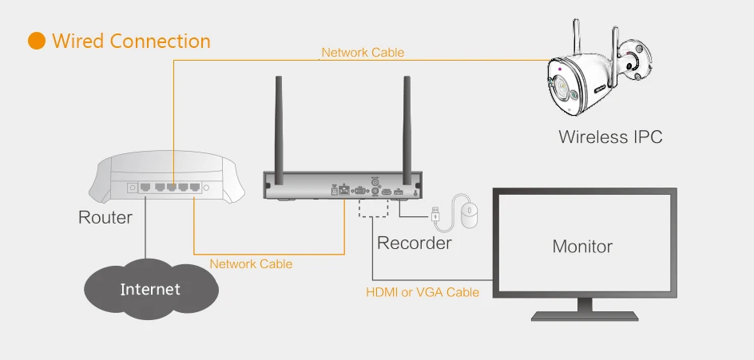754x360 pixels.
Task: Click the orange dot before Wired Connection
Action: coord(37,42)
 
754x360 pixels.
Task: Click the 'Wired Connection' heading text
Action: coord(131,42)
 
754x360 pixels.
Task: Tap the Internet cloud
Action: coord(150,288)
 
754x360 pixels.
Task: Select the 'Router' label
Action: coord(105,217)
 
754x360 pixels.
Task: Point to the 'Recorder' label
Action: coord(414,243)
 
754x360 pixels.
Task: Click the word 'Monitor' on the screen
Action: coord(582,247)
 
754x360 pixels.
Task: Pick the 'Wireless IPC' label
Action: coord(610,136)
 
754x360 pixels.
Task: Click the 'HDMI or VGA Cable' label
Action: coord(422,292)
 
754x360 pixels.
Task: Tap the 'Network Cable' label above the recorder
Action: coord(363,53)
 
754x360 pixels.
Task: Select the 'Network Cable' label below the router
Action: coord(251,263)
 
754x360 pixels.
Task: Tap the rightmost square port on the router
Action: coord(195,188)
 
